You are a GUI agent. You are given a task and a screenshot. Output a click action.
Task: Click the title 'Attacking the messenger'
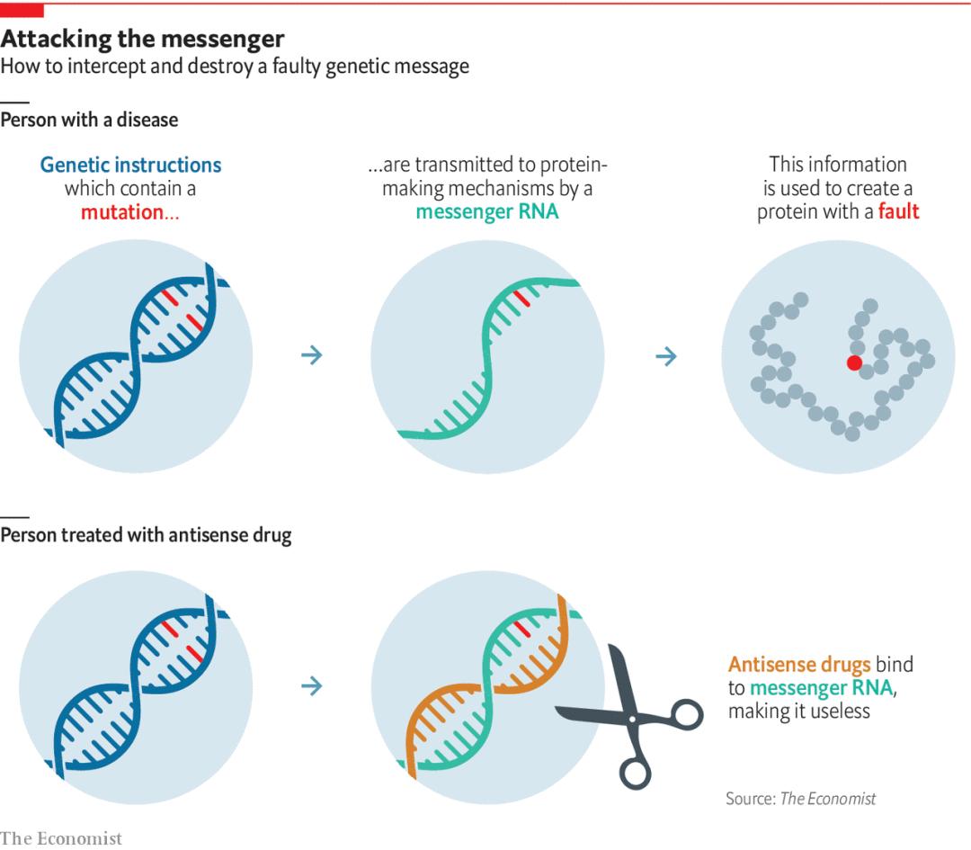tap(142, 39)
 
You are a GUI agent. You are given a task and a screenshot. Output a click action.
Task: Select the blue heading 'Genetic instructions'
tap(130, 166)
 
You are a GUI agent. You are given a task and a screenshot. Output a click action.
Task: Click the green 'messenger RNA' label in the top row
tap(486, 212)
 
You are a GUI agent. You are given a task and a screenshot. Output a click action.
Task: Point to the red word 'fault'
tap(898, 212)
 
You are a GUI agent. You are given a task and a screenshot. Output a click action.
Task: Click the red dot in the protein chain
tap(854, 362)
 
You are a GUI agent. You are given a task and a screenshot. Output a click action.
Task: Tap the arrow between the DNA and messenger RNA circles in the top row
tap(311, 355)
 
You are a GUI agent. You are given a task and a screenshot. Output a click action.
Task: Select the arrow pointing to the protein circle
tap(665, 356)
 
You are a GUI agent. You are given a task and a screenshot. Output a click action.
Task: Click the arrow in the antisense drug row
tap(311, 686)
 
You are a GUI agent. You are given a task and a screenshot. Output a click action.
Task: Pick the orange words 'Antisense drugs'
tap(799, 665)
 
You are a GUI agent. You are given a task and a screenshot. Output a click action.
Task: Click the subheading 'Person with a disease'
tap(89, 120)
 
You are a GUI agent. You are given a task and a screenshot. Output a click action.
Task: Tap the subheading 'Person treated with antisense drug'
tap(146, 535)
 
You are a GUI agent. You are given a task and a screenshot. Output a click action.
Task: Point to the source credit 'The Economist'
tap(827, 799)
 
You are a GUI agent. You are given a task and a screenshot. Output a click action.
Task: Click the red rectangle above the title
tap(22, 10)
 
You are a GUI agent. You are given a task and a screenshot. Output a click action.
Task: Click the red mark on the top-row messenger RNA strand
tap(522, 299)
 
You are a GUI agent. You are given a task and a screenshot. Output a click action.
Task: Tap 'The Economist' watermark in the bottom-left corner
tap(61, 838)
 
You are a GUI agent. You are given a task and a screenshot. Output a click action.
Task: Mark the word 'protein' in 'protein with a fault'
tap(788, 212)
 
